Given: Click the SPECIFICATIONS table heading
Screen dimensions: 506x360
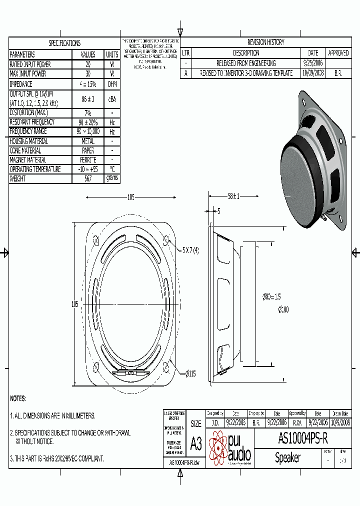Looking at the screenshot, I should click(x=64, y=43).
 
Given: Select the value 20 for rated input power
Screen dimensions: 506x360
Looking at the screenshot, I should click(x=88, y=64).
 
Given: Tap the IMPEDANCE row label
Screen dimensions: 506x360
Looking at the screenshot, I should click(x=21, y=84).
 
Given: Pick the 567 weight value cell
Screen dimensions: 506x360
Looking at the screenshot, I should click(x=88, y=178).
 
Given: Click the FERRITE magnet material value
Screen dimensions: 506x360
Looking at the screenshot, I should click(x=88, y=160).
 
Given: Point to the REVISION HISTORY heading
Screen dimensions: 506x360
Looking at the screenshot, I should click(x=265, y=42).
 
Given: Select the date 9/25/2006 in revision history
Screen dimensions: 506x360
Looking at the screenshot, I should click(x=313, y=63).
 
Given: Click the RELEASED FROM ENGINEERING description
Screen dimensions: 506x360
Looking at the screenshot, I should click(x=245, y=63).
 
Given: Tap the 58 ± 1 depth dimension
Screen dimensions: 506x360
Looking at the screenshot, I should click(x=233, y=196).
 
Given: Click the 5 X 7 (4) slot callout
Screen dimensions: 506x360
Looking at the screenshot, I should click(x=190, y=250).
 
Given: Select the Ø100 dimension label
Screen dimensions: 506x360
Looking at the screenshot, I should click(x=283, y=310).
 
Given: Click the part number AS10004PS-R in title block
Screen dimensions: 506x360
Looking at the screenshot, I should click(x=303, y=439).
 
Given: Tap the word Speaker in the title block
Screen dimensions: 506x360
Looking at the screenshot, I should click(x=288, y=457).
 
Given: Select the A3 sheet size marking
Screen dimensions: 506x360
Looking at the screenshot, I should click(x=196, y=444).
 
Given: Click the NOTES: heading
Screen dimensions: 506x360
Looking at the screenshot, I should click(x=18, y=398).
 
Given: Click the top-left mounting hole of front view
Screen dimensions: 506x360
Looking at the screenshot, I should click(x=96, y=239).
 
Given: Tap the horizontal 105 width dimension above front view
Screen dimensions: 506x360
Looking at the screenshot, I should click(x=130, y=197).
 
